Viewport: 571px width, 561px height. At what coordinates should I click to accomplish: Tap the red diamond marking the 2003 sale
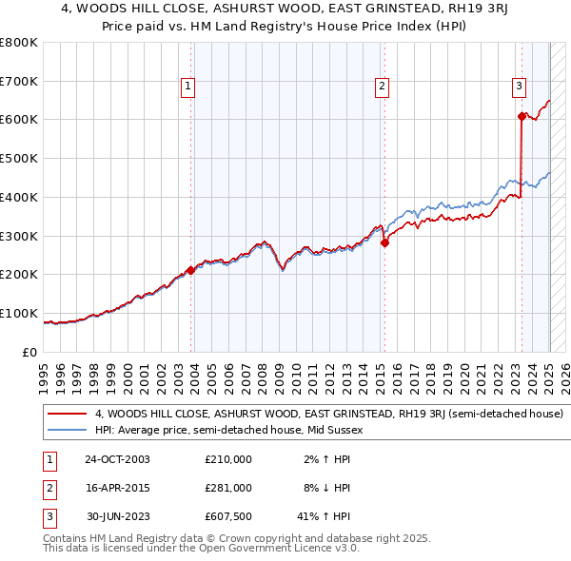click(190, 270)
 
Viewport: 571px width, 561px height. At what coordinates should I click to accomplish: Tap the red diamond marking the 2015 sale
click(384, 242)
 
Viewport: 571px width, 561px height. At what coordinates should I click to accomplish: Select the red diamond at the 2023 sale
click(522, 116)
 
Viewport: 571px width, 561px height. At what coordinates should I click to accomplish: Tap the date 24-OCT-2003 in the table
click(117, 459)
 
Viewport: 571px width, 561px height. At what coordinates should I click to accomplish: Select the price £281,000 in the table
click(228, 488)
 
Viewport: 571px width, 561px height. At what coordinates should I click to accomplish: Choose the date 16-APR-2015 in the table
click(117, 488)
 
